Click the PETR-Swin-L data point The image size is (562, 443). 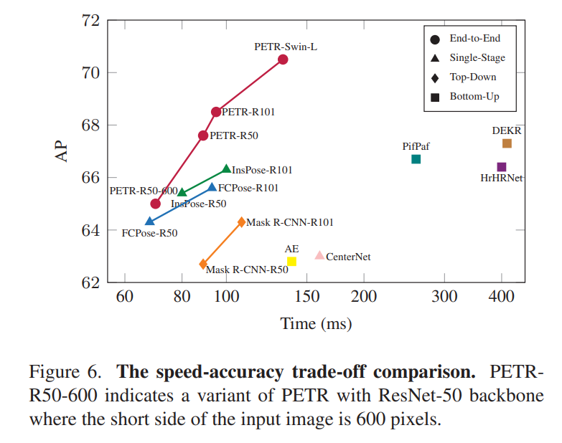pos(283,59)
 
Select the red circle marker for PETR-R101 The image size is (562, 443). pos(216,112)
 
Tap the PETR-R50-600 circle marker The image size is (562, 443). pos(155,204)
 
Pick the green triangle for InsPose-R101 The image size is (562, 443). pos(227,169)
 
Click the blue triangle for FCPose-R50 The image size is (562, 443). pos(149,221)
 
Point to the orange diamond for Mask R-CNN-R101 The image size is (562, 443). pos(241,222)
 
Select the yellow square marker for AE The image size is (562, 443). pos(291,262)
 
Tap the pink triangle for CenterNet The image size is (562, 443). pos(319,255)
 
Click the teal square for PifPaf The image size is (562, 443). pos(416,159)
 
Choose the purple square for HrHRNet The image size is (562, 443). pos(502,167)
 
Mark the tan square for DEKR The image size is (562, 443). pos(507,143)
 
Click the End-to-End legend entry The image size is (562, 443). pos(471,39)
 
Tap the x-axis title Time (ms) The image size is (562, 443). pos(316,324)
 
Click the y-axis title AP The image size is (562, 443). pos(63,151)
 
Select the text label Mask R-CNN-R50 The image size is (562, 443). pos(247,270)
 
